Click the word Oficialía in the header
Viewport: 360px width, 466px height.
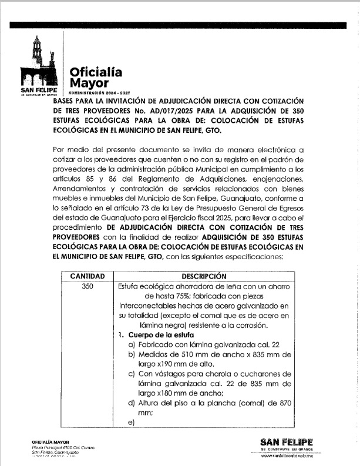tap(96, 72)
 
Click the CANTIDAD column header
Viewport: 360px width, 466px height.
tap(88, 276)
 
